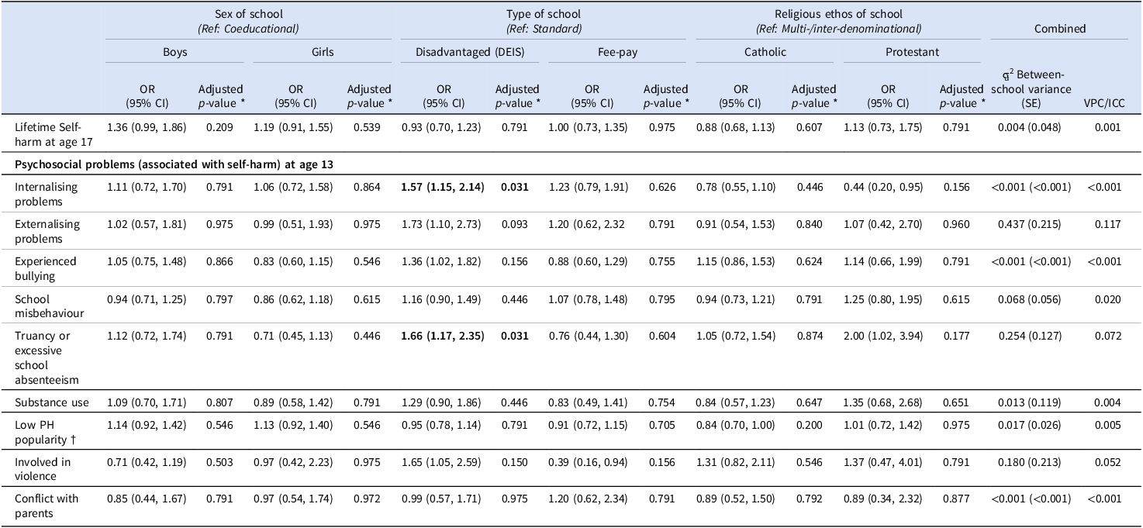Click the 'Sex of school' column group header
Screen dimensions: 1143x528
click(248, 14)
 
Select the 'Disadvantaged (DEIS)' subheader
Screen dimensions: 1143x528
click(469, 51)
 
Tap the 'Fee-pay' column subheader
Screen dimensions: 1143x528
click(617, 51)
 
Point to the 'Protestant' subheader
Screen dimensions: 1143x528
click(912, 51)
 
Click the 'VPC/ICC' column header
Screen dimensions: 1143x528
click(1104, 103)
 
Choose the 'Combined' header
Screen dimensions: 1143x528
click(1059, 29)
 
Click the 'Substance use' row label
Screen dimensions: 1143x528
click(51, 402)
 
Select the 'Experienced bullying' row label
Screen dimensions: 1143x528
click(46, 268)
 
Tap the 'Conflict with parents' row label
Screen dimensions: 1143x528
click(47, 506)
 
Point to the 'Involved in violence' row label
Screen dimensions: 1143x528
click(43, 469)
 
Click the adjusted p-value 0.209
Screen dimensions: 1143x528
click(219, 127)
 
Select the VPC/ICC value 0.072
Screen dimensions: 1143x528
click(1108, 336)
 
